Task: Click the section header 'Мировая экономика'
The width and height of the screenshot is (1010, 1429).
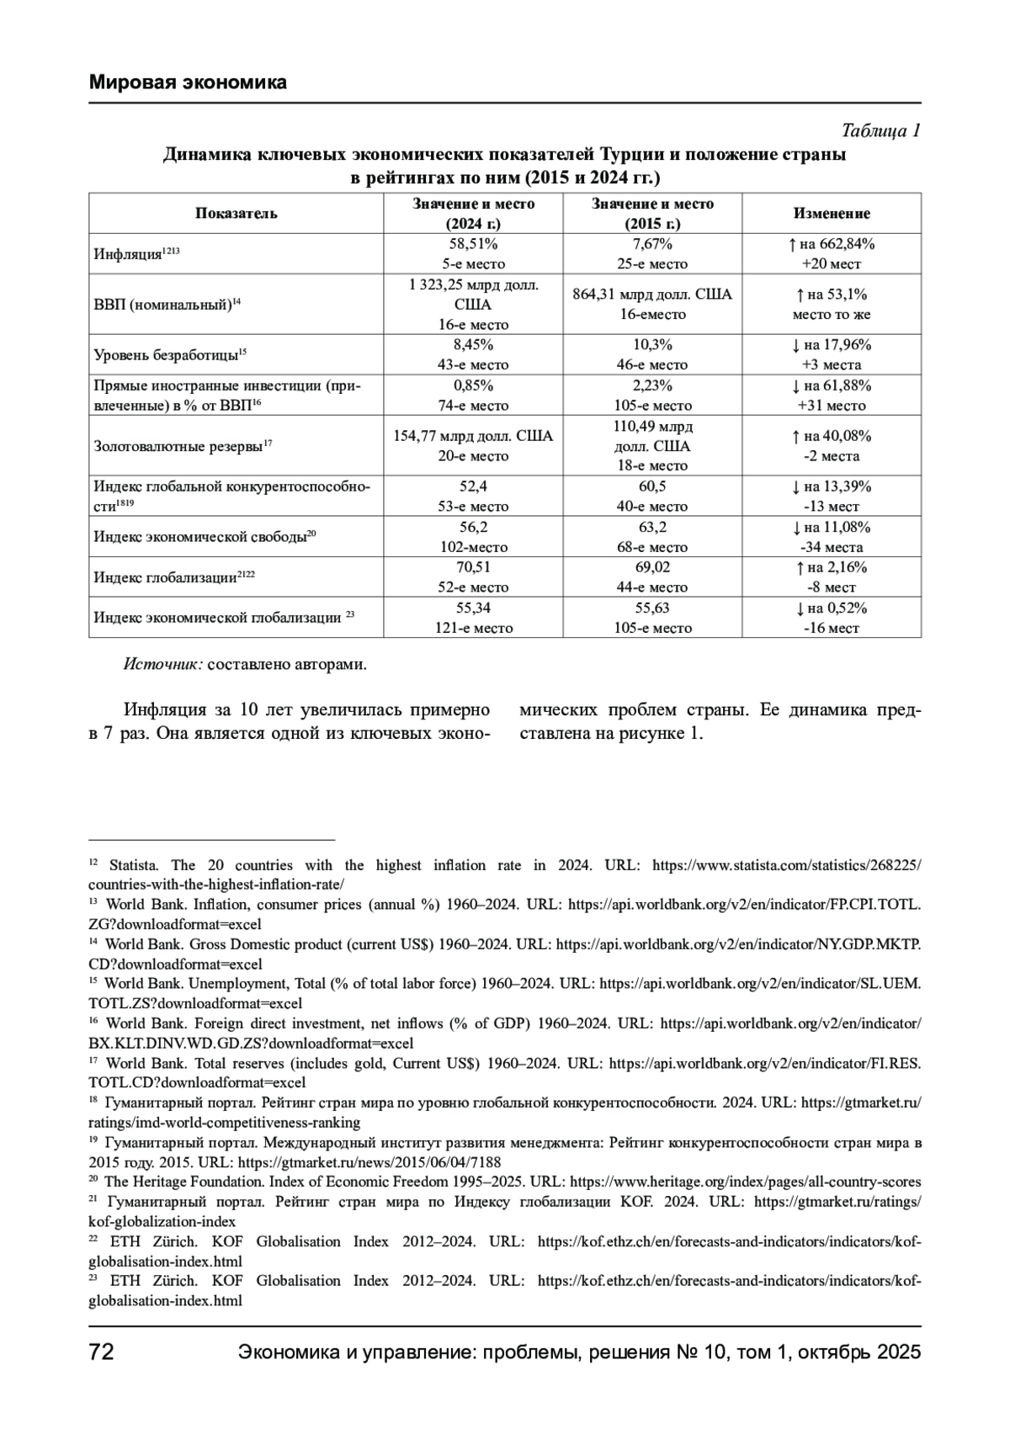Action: pyautogui.click(x=188, y=82)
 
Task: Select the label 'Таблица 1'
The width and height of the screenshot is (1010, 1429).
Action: pyautogui.click(x=880, y=131)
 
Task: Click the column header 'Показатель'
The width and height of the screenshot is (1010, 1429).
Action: pyautogui.click(x=236, y=214)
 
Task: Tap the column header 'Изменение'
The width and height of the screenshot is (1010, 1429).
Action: pyautogui.click(x=831, y=214)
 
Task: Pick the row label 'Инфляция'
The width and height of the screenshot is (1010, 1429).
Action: pyautogui.click(x=127, y=254)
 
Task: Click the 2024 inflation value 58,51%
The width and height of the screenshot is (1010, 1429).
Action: pyautogui.click(x=473, y=244)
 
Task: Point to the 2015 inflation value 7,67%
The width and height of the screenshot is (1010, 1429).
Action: pyautogui.click(x=652, y=244)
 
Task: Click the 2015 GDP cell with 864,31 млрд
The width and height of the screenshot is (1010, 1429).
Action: pyautogui.click(x=652, y=295)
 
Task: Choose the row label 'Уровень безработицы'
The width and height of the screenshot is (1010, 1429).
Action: pyautogui.click(x=165, y=355)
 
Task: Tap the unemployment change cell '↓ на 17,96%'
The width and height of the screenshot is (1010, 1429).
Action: pyautogui.click(x=831, y=345)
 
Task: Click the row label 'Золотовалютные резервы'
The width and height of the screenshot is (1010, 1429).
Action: pyautogui.click(x=178, y=446)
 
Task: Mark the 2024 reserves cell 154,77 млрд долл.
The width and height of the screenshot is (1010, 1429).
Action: pyautogui.click(x=473, y=436)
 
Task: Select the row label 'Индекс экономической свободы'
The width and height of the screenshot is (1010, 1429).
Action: pyautogui.click(x=199, y=537)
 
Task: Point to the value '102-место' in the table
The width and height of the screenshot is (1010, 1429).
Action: pyautogui.click(x=473, y=547)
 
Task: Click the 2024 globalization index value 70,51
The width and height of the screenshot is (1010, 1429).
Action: pyautogui.click(x=473, y=567)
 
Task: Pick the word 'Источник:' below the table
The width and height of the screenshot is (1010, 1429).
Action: pyautogui.click(x=162, y=664)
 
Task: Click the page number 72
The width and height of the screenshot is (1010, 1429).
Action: pyautogui.click(x=102, y=1353)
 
